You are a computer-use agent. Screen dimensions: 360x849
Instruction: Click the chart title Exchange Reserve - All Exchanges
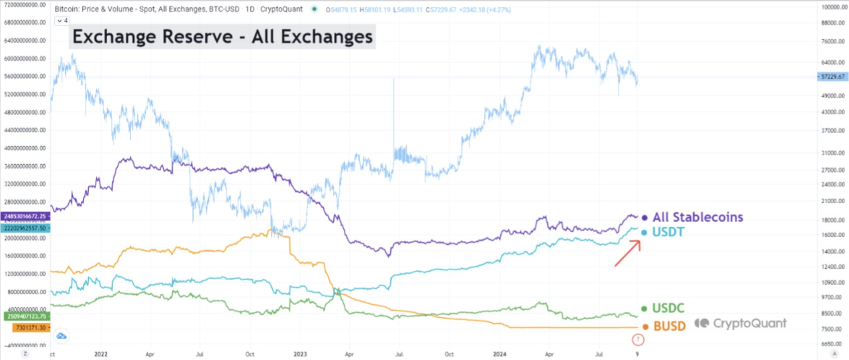pyautogui.click(x=222, y=37)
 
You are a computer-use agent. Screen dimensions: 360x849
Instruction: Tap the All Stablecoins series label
pyautogui.click(x=697, y=217)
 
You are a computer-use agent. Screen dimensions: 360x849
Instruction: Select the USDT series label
pyautogui.click(x=667, y=232)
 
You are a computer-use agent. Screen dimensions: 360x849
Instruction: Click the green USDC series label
pyautogui.click(x=667, y=308)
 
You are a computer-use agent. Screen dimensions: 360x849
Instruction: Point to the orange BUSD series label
pyautogui.click(x=669, y=326)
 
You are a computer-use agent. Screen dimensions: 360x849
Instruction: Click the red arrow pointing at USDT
pyautogui.click(x=628, y=253)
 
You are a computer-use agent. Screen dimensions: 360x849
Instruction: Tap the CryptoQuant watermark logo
pyautogui.click(x=740, y=323)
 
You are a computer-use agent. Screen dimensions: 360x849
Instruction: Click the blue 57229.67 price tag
pyautogui.click(x=833, y=77)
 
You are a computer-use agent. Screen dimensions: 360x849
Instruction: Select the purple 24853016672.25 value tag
pyautogui.click(x=25, y=216)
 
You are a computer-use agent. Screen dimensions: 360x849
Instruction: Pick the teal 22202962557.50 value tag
pyautogui.click(x=25, y=228)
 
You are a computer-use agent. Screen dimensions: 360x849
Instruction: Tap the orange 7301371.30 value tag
pyautogui.click(x=31, y=328)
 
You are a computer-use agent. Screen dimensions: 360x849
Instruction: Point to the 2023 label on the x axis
pyautogui.click(x=300, y=354)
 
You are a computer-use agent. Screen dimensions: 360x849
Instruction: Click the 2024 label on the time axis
pyautogui.click(x=499, y=354)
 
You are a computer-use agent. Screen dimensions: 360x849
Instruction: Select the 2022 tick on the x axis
pyautogui.click(x=101, y=354)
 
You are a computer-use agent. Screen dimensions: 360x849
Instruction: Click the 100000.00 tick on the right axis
pyautogui.click(x=834, y=7)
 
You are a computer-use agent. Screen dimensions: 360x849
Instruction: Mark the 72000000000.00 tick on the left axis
pyautogui.click(x=25, y=4)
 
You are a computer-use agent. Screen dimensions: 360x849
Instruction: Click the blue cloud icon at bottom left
pyautogui.click(x=61, y=336)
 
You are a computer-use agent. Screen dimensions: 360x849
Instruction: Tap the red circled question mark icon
pyautogui.click(x=638, y=340)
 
